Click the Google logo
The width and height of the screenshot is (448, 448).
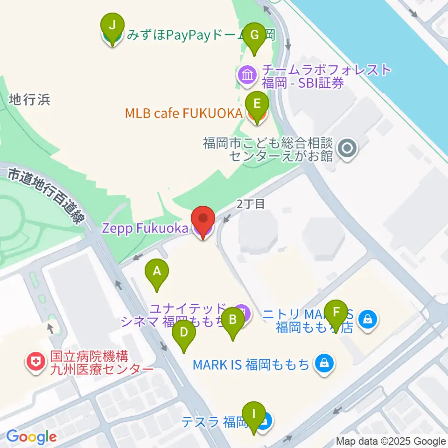(x=31, y=437)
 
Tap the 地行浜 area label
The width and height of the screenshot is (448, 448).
(x=29, y=99)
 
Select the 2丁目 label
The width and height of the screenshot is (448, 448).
(x=251, y=203)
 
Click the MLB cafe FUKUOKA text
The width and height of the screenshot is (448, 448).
(x=183, y=113)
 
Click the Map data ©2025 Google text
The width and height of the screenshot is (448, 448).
(x=391, y=441)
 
